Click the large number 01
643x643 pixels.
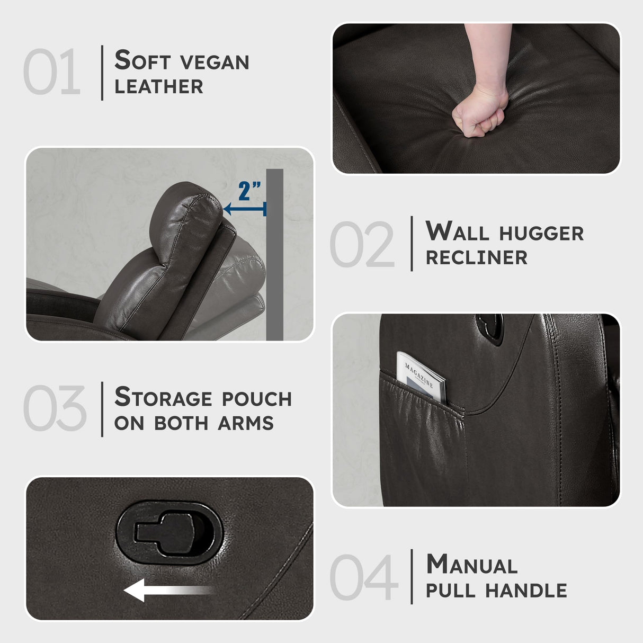tap(52, 71)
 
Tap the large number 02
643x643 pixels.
tap(362, 244)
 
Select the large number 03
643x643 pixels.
tap(55, 407)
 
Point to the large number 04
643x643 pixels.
tap(364, 577)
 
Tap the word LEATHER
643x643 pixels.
tap(159, 86)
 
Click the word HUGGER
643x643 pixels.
tap(541, 233)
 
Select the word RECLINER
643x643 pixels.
tap(477, 257)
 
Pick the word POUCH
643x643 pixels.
tap(256, 398)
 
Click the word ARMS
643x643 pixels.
tap(246, 423)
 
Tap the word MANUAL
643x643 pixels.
tap(472, 565)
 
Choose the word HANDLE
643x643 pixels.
tap(526, 590)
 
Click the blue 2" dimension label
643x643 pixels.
tap(249, 191)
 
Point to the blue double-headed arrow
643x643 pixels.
tap(245, 209)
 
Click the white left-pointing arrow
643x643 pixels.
tap(168, 590)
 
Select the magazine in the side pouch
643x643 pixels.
tap(421, 378)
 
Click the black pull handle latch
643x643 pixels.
tap(169, 532)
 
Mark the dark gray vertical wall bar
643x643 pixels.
tap(274, 255)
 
